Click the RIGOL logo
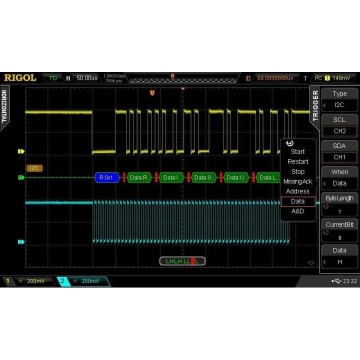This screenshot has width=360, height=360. (x=20, y=77)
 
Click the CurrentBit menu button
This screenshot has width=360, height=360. (x=339, y=229)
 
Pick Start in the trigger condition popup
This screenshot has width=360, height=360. (x=297, y=152)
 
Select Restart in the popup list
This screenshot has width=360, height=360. (x=298, y=161)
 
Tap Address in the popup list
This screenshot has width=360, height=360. (x=298, y=191)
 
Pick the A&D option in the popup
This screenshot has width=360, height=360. (x=298, y=211)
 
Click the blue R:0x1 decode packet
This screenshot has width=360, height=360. (x=107, y=177)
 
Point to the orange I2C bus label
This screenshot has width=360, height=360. (x=35, y=167)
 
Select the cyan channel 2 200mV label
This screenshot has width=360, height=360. (x=84, y=281)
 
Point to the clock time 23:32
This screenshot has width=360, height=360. (x=347, y=281)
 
